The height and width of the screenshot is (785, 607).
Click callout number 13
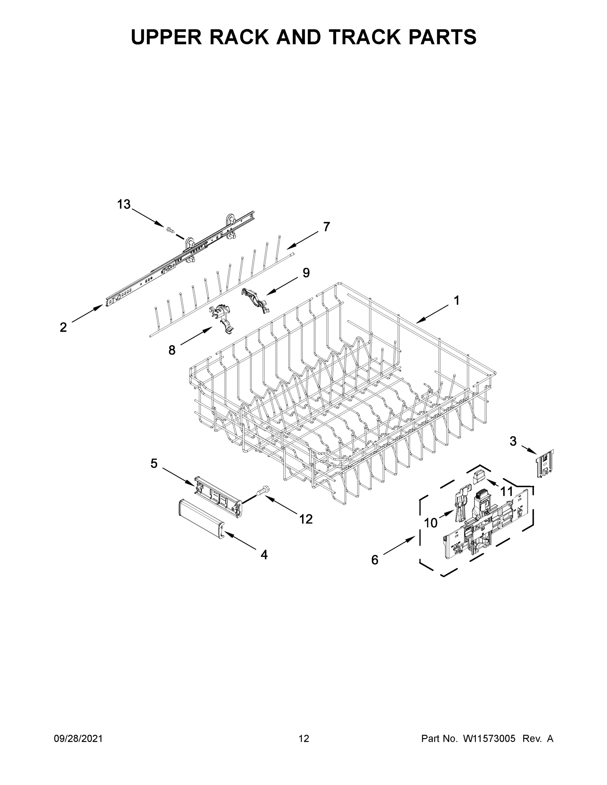[x=124, y=204]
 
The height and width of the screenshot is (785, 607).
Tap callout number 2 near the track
[x=63, y=327]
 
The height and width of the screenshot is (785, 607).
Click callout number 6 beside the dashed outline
[x=375, y=560]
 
